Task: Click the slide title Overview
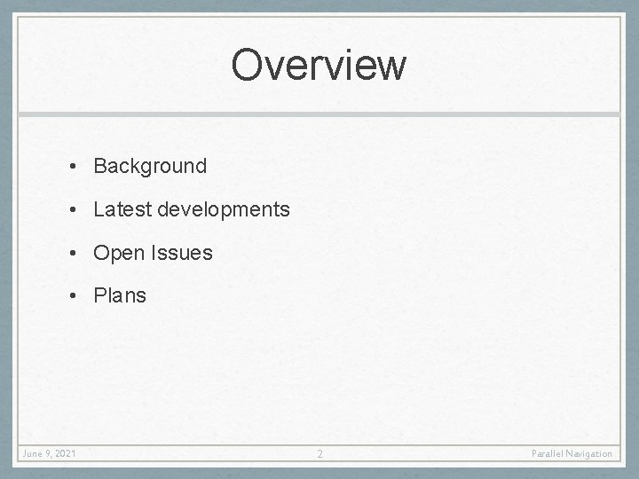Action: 319,65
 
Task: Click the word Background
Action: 150,166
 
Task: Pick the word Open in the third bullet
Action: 118,254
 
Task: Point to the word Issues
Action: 182,253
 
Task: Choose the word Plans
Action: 120,295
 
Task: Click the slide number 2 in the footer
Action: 320,454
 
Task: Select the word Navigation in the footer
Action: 591,454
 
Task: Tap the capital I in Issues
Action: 155,253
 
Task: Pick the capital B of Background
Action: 100,166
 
